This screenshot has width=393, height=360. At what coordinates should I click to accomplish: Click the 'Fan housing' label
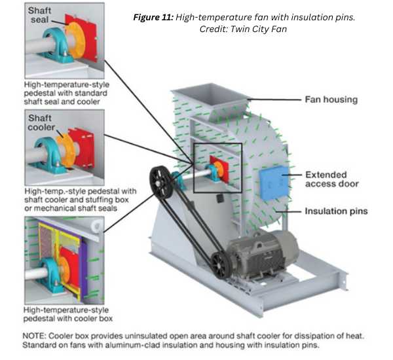click(331, 100)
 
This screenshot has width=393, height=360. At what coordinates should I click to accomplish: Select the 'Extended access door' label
click(332, 179)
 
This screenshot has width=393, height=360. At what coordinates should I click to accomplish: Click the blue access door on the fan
click(274, 182)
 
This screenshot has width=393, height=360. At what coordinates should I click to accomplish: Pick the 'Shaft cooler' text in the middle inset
click(44, 122)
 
